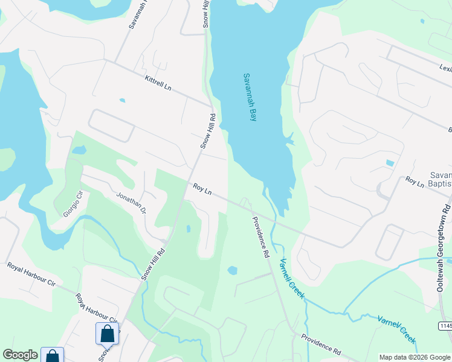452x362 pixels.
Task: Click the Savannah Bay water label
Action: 250,97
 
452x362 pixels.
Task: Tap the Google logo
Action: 20,355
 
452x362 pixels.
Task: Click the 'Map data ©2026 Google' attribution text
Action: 415,357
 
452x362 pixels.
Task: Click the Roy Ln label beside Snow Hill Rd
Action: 202,189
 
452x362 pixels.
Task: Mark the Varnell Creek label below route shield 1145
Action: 397,329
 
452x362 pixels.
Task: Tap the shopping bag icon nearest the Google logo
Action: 53,356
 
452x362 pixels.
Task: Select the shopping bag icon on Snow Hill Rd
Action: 107,333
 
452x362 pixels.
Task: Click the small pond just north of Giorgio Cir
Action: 79,150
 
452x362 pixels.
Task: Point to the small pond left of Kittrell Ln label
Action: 123,100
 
